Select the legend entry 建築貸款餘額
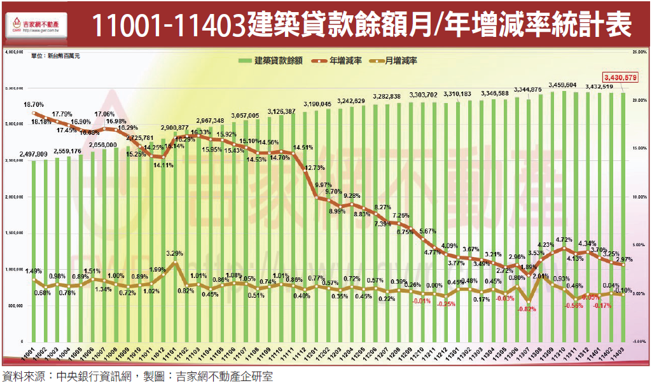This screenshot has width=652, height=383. pos(274,61)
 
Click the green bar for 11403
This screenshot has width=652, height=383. pos(624,216)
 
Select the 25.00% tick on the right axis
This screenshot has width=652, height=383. pos(639,50)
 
